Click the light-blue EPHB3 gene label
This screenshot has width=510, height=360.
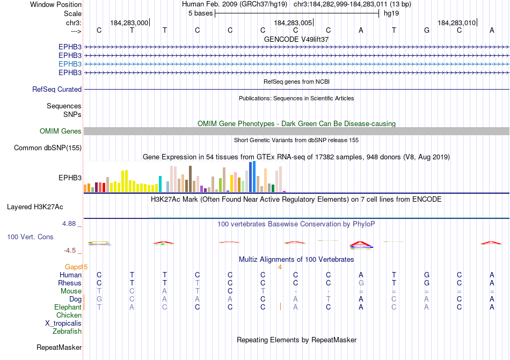(x=70, y=64)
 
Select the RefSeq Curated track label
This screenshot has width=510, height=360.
(x=57, y=90)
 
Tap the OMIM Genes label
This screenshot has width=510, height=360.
(x=61, y=131)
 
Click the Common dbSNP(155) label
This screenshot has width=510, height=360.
(x=48, y=148)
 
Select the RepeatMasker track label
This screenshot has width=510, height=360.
(x=59, y=348)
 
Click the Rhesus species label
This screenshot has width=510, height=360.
(x=70, y=283)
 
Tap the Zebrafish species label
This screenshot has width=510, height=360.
(x=67, y=331)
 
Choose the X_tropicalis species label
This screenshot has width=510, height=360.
(x=63, y=323)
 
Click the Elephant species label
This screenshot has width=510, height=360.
(x=68, y=307)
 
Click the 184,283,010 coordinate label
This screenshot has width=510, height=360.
(x=456, y=23)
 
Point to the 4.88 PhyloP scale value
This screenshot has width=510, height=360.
(x=71, y=224)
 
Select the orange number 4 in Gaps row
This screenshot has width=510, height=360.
(x=280, y=267)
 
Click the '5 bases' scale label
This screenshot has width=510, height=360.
(x=200, y=13)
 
